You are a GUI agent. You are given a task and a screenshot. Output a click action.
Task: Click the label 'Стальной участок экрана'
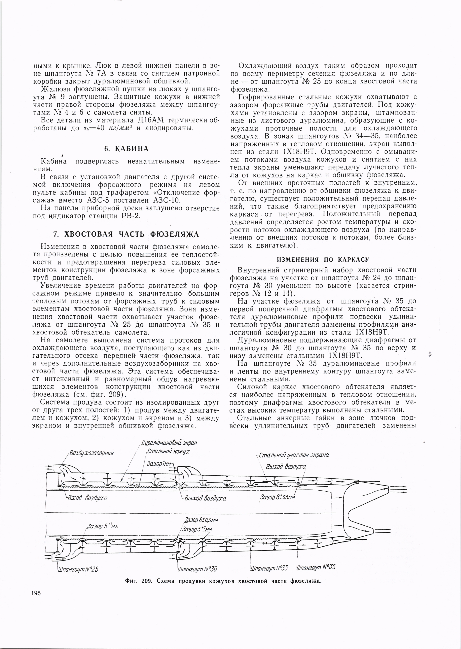[x=293, y=455]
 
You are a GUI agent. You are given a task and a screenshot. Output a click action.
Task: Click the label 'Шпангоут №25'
[x=78, y=561]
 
